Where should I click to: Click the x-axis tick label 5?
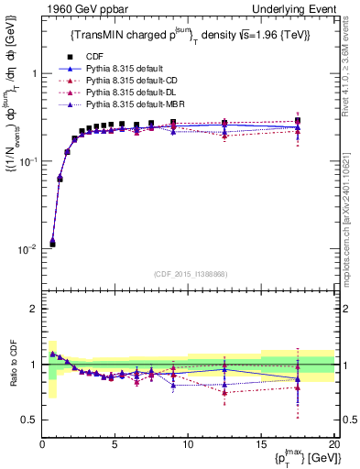115,444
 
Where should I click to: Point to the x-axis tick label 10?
188,444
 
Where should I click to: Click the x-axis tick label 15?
261,444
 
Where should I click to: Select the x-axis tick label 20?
333,444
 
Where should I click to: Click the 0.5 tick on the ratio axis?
30,420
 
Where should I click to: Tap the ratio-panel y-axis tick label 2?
34,309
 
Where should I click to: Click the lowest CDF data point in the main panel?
52,244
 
